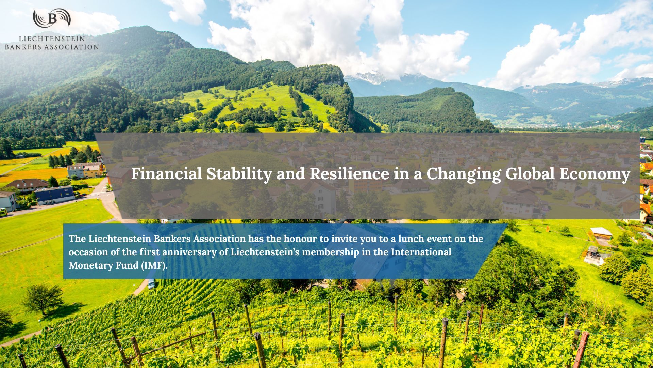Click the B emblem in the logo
click(x=52, y=18)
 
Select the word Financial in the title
click(x=167, y=174)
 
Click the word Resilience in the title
click(x=349, y=174)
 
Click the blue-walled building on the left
click(x=55, y=195)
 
